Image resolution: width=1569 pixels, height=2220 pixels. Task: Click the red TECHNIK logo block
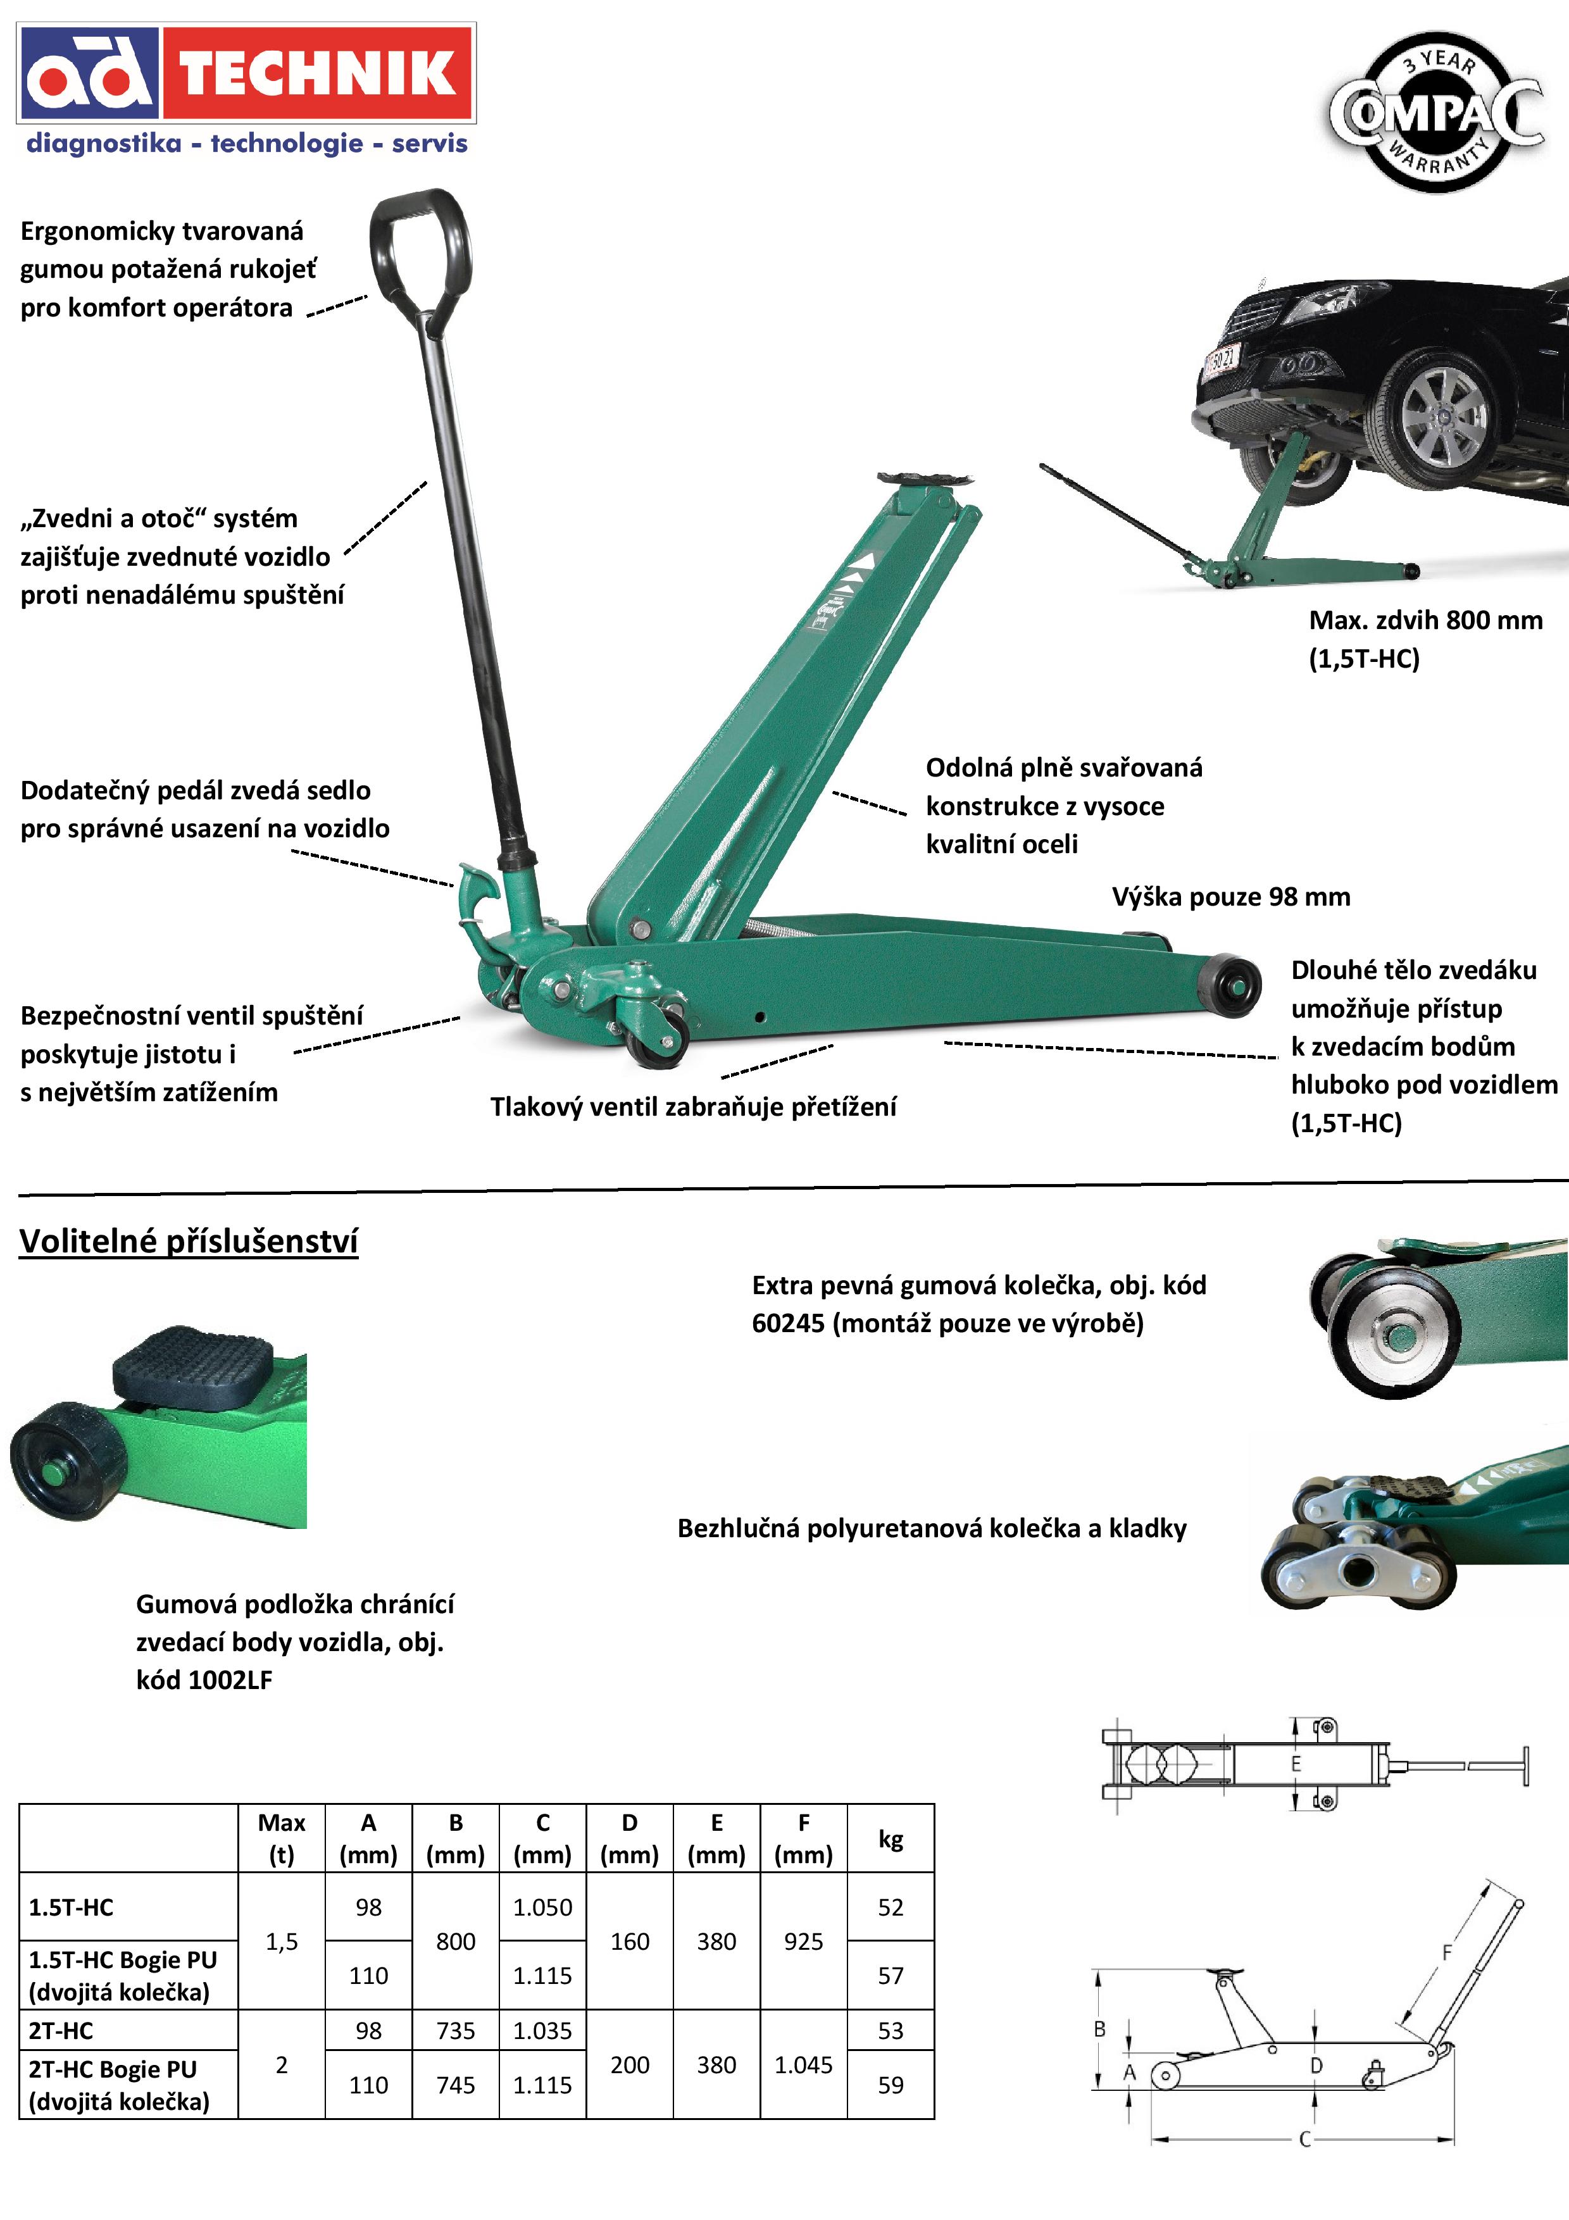(317, 73)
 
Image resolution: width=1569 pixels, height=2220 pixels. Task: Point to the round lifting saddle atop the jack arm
(923, 480)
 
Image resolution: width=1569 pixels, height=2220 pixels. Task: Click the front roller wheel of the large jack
(1230, 985)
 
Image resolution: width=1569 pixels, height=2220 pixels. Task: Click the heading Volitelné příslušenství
(189, 1242)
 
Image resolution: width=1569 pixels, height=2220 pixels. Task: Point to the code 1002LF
(230, 1680)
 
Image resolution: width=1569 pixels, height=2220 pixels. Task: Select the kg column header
(891, 1839)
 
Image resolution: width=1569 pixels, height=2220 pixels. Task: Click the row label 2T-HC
(61, 2031)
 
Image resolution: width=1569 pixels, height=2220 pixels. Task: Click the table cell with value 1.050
(542, 1907)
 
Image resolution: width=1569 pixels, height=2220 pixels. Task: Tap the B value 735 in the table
(455, 2031)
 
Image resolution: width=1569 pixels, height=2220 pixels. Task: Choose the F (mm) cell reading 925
(803, 1942)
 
